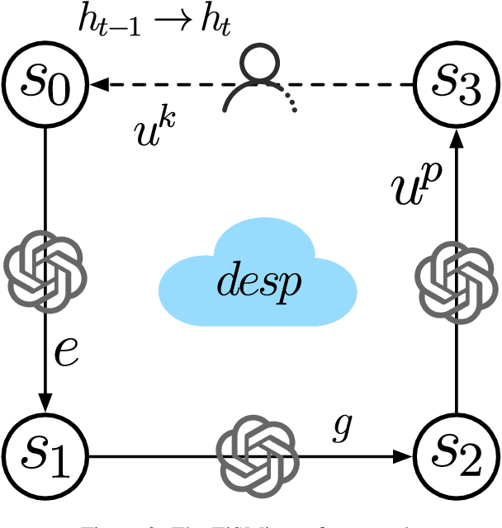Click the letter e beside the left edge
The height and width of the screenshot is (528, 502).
[x=65, y=352]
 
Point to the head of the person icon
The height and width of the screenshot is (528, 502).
[x=257, y=61]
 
